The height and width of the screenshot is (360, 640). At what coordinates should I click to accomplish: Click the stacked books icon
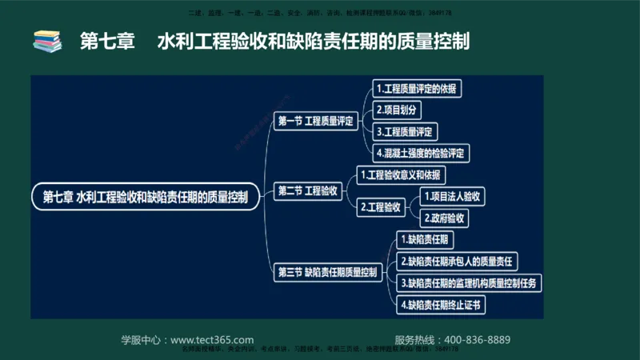click(47, 40)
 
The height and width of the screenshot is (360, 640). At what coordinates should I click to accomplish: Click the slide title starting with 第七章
click(274, 40)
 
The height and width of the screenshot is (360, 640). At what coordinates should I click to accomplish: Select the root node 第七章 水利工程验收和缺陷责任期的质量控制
click(146, 196)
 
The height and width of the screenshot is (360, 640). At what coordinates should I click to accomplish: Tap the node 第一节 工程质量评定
click(314, 122)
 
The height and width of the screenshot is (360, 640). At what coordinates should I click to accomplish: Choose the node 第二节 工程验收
click(309, 190)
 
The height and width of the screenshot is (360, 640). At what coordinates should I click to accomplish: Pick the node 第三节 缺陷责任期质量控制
click(327, 272)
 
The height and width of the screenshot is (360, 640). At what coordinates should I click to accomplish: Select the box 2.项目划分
click(398, 110)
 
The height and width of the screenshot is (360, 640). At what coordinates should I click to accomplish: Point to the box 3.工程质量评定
click(407, 130)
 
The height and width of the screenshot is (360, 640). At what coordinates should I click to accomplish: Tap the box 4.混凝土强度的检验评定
click(422, 152)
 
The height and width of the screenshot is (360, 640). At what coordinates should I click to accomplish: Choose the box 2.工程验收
click(381, 206)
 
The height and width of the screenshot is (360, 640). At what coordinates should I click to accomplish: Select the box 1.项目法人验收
click(454, 196)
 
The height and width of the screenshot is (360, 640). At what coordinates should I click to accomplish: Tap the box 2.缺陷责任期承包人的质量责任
click(457, 261)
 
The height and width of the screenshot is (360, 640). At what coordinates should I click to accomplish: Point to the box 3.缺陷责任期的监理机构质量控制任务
click(470, 282)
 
